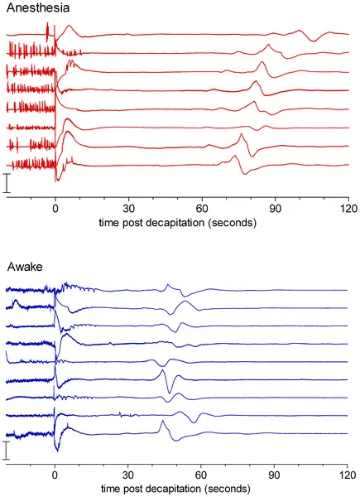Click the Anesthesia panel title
click(x=38, y=7)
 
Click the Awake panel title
click(x=25, y=267)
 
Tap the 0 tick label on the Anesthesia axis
click(x=55, y=209)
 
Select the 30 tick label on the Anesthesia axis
click(x=128, y=209)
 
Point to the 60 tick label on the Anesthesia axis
click(x=202, y=209)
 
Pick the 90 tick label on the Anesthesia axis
click(x=275, y=209)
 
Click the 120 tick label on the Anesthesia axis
click(x=348, y=209)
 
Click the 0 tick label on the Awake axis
click(x=55, y=475)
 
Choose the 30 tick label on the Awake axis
click(x=128, y=475)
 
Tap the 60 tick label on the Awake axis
click(x=201, y=475)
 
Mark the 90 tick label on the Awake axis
click(x=274, y=475)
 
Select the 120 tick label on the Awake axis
click(x=347, y=475)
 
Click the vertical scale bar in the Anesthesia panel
click(x=7, y=183)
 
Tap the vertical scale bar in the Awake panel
click(x=7, y=450)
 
